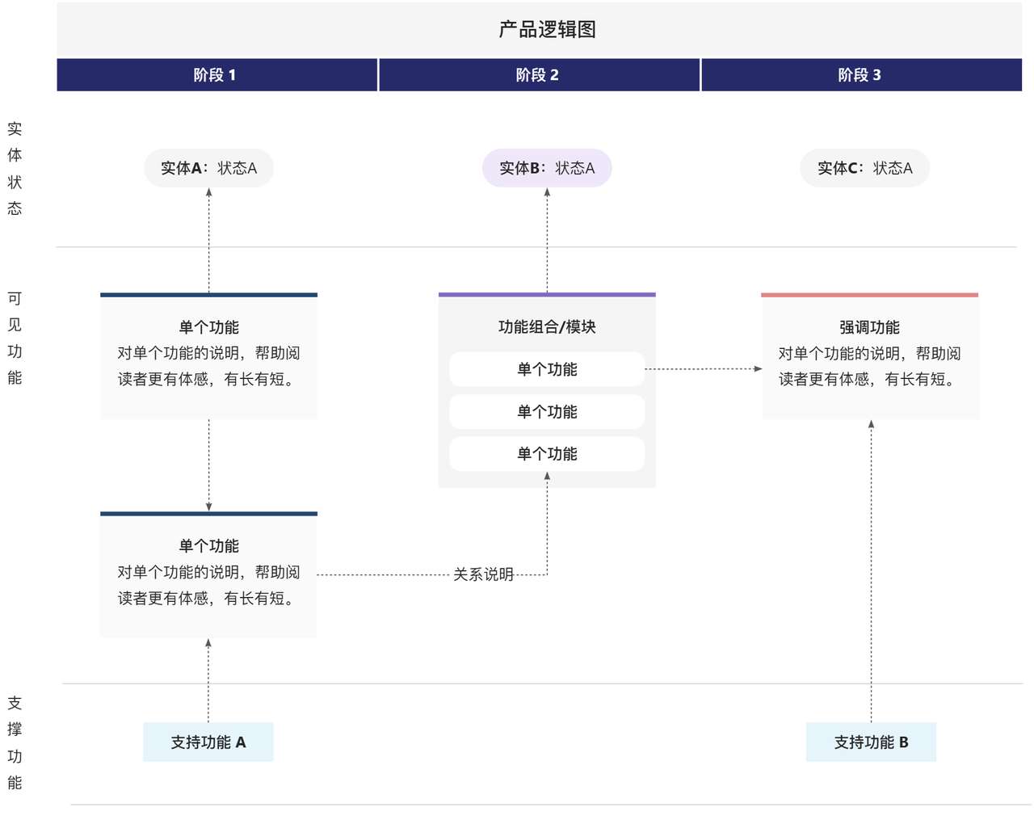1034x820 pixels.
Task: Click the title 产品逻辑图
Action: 547,30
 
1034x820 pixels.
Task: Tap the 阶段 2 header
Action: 539,75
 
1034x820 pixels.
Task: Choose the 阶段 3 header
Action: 861,75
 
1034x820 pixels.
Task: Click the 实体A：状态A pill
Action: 208,168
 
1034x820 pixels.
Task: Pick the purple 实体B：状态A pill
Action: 547,168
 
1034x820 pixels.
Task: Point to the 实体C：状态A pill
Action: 865,168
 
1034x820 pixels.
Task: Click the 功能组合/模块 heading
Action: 547,327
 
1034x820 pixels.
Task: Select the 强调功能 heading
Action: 870,327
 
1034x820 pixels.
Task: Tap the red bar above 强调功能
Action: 870,295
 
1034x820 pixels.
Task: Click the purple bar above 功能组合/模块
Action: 547,295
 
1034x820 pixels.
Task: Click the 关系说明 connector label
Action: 483,574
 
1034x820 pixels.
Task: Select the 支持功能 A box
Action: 208,742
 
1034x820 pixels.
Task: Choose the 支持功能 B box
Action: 871,742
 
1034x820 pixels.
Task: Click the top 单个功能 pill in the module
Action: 547,369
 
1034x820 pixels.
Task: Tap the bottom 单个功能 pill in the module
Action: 547,454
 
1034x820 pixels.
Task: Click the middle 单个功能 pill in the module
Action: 547,412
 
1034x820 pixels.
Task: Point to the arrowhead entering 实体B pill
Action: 547,192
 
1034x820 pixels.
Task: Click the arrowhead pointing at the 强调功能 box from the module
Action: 758,368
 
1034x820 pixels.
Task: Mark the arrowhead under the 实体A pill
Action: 208,192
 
